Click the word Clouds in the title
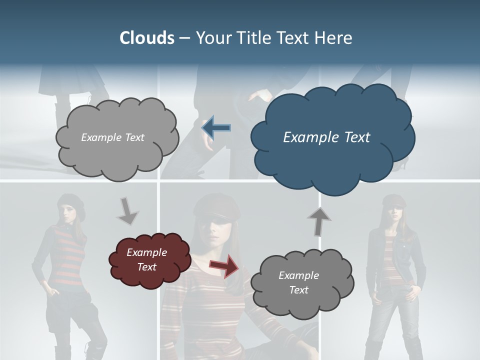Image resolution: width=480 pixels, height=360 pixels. pyautogui.click(x=147, y=38)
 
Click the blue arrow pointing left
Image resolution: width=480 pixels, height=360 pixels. pyautogui.click(x=216, y=127)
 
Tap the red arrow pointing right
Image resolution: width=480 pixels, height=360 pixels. pyautogui.click(x=224, y=265)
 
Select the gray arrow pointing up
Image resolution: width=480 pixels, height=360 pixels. pyautogui.click(x=319, y=221)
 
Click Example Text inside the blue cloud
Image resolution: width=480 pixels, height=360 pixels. pyautogui.click(x=326, y=137)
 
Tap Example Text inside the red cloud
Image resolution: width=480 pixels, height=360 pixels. pyautogui.click(x=147, y=259)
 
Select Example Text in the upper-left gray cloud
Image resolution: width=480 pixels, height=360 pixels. pyautogui.click(x=112, y=137)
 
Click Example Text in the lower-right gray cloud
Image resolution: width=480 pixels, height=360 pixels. pyautogui.click(x=298, y=282)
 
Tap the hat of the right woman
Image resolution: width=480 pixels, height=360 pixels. pyautogui.click(x=394, y=199)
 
